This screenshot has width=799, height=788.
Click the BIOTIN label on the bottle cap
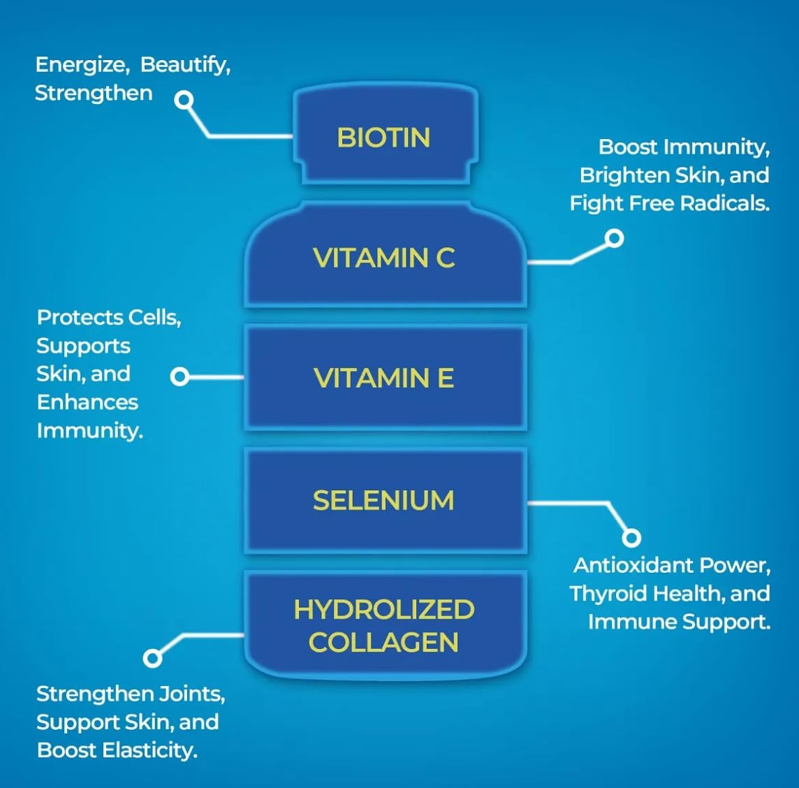click(x=383, y=138)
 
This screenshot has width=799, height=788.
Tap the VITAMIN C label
click(x=383, y=258)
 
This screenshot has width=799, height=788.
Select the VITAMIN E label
click(x=383, y=379)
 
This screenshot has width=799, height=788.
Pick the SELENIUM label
click(x=383, y=500)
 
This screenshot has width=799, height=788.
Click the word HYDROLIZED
click(x=383, y=610)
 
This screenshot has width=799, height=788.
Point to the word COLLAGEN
click(x=383, y=643)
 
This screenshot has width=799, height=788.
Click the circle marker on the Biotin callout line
click(x=184, y=101)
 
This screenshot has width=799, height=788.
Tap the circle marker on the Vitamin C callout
click(x=614, y=239)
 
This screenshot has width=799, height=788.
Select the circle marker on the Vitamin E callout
click(x=179, y=377)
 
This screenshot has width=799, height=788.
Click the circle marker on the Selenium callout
click(x=631, y=537)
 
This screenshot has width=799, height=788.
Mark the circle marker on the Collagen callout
click(x=152, y=657)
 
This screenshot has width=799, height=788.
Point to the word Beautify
click(x=185, y=65)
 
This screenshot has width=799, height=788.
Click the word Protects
click(x=78, y=318)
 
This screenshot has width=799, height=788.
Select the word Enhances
click(x=87, y=402)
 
